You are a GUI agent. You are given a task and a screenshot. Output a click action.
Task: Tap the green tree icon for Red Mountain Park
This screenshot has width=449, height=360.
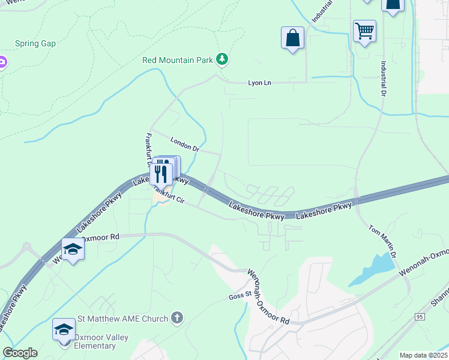click(223, 58)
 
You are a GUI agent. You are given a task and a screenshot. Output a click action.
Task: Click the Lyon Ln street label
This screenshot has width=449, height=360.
click(260, 83)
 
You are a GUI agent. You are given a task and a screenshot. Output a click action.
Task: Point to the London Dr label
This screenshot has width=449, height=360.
click(184, 144)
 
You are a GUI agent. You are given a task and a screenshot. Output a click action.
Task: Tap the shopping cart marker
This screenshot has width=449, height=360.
click(364, 31)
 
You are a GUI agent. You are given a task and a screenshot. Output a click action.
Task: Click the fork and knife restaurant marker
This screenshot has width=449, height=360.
click(161, 173)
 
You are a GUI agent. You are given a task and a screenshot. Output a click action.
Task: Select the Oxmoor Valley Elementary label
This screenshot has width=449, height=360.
click(95, 341)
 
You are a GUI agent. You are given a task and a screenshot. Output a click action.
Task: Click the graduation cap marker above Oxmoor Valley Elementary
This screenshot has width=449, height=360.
click(64, 329)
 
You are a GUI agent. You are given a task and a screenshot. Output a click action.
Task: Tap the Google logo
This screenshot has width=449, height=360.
click(20, 353)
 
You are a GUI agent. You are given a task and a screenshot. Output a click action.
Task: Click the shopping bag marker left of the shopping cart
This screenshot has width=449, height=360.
click(292, 38)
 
